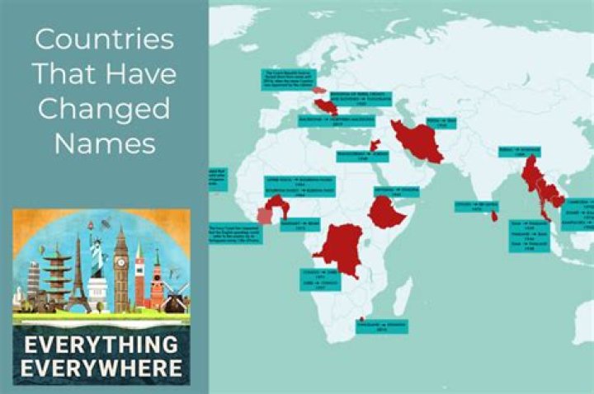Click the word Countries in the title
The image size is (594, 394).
(x=104, y=40)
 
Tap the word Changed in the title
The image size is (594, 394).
(x=104, y=109)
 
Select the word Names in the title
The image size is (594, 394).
(x=104, y=143)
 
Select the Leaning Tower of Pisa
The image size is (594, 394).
(x=33, y=280)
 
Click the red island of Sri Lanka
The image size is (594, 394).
(x=493, y=216)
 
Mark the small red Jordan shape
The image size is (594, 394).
(x=375, y=145)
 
